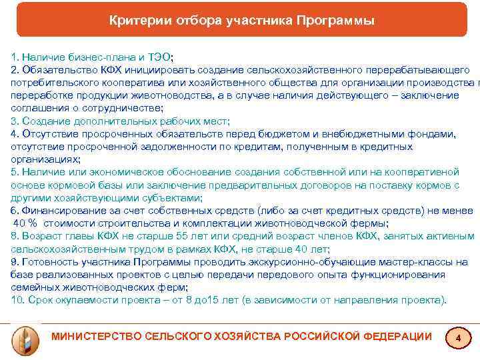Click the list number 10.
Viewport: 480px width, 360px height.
pyautogui.click(x=17, y=299)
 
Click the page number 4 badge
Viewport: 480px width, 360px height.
pyautogui.click(x=457, y=339)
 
